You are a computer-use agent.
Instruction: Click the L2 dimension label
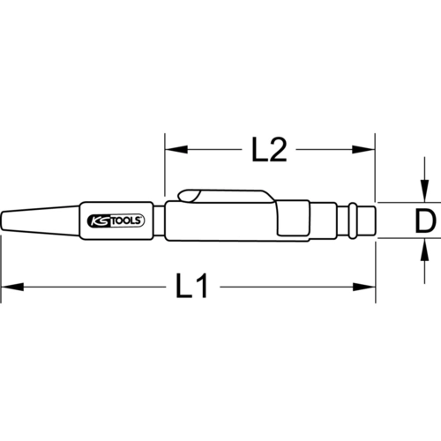point(269,149)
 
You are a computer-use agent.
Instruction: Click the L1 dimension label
point(192,286)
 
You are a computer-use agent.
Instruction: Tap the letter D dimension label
point(425,220)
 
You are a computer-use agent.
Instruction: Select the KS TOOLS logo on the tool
point(116,220)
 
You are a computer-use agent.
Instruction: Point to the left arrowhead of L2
point(176,149)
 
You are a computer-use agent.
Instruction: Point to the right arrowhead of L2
point(363,149)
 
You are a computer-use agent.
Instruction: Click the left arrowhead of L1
point(12,287)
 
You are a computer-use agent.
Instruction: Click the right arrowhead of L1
point(364,287)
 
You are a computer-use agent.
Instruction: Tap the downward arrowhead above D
point(424,191)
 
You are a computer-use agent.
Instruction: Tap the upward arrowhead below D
point(424,250)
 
